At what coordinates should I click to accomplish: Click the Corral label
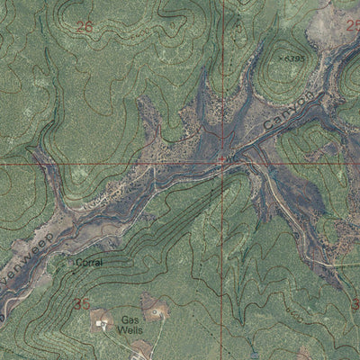pyautogui.click(x=87, y=263)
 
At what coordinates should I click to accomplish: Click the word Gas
pyautogui.click(x=131, y=319)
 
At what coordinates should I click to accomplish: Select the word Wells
pyautogui.click(x=131, y=330)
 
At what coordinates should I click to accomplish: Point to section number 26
pyautogui.click(x=85, y=28)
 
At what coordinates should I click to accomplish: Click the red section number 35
pyautogui.click(x=83, y=303)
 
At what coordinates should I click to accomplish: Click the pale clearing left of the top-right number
pyautogui.click(x=324, y=18)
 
